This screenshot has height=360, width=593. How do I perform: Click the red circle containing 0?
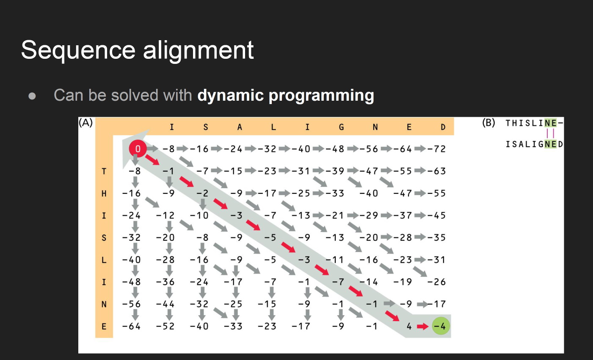[x=138, y=148]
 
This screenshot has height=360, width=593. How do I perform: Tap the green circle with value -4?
[x=440, y=326]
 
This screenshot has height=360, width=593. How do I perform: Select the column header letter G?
[x=341, y=127]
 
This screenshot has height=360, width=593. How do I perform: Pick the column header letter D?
[x=443, y=127]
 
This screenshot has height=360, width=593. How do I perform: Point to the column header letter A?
[x=240, y=127]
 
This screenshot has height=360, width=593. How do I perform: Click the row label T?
[x=104, y=171]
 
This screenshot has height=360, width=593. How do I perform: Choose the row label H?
[x=104, y=193]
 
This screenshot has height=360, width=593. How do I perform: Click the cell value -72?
[x=436, y=149]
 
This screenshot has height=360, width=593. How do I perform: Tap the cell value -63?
[x=436, y=171]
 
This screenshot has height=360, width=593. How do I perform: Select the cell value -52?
[x=165, y=326]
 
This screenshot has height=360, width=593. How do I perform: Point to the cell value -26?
[x=436, y=282]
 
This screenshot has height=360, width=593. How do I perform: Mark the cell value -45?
[x=436, y=215]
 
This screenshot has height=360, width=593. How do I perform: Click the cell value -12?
[x=165, y=215]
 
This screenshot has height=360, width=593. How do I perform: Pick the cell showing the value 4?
[x=409, y=326]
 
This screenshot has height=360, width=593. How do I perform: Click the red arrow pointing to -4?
[x=422, y=326]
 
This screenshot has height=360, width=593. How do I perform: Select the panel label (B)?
[x=488, y=123]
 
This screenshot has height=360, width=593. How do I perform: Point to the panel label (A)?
[x=86, y=123]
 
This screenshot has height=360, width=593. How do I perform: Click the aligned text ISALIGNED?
[x=534, y=144]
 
